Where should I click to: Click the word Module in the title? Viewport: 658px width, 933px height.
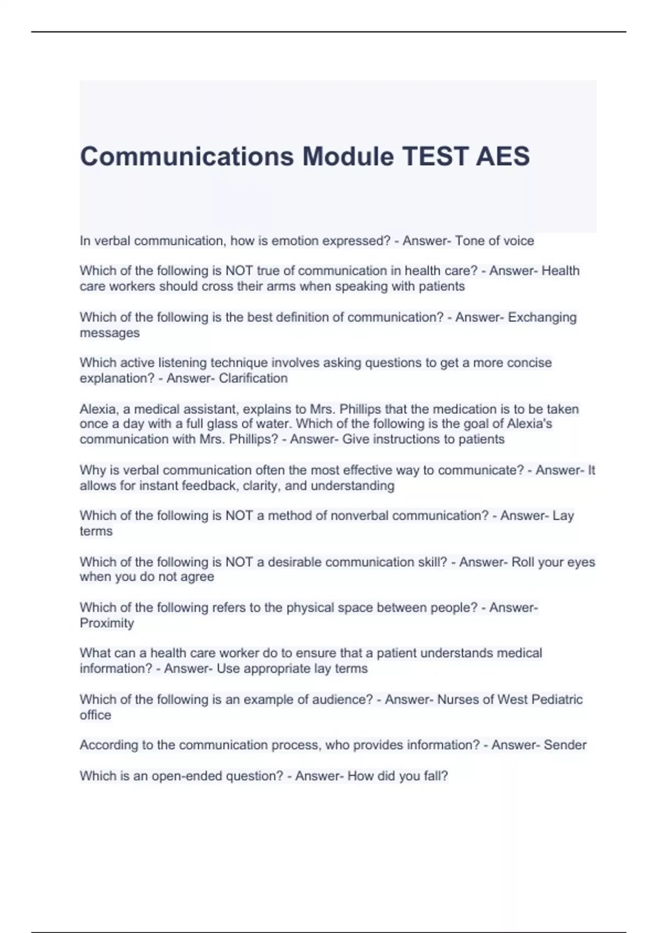[x=348, y=156]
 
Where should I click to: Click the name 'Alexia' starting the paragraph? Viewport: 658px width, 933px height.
[x=98, y=409]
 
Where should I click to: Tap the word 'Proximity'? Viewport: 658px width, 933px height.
[x=107, y=623]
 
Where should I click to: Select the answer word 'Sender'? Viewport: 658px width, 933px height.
[x=565, y=745]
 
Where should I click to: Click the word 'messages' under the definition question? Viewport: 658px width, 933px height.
[x=110, y=333]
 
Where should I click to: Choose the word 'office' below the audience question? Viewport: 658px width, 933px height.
[x=95, y=715]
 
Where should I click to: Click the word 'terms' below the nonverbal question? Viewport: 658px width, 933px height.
[x=96, y=531]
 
